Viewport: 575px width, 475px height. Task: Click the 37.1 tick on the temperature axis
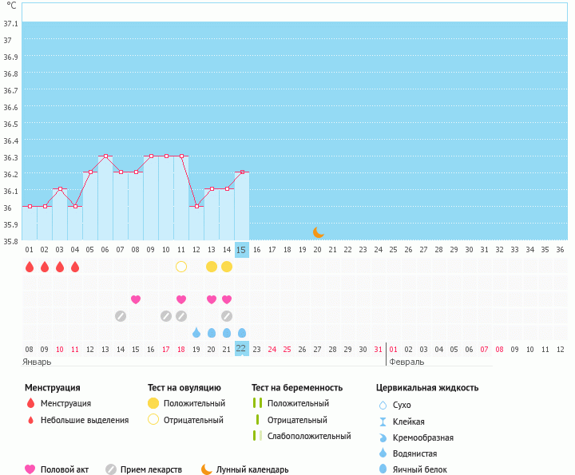tap(11, 23)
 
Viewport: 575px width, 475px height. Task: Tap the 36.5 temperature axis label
tap(11, 125)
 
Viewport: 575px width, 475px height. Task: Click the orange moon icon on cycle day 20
tap(318, 232)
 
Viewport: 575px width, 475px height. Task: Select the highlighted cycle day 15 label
tap(241, 250)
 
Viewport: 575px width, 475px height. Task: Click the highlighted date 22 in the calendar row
tap(241, 349)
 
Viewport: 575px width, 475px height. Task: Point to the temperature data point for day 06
tap(105, 156)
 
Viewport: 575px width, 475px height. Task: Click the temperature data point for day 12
tap(196, 206)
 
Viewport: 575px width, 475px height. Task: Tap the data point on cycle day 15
tap(242, 172)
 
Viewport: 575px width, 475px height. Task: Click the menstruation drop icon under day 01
tap(30, 267)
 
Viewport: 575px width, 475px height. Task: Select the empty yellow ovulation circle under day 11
tap(181, 267)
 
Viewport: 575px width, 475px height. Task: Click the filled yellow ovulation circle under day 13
tap(212, 267)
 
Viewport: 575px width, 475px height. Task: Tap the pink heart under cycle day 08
tap(136, 299)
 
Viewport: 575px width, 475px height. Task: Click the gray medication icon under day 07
tap(121, 316)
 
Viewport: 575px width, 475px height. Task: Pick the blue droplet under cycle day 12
tap(196, 332)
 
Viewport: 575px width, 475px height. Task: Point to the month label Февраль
tap(407, 362)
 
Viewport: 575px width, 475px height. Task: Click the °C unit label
tap(11, 5)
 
